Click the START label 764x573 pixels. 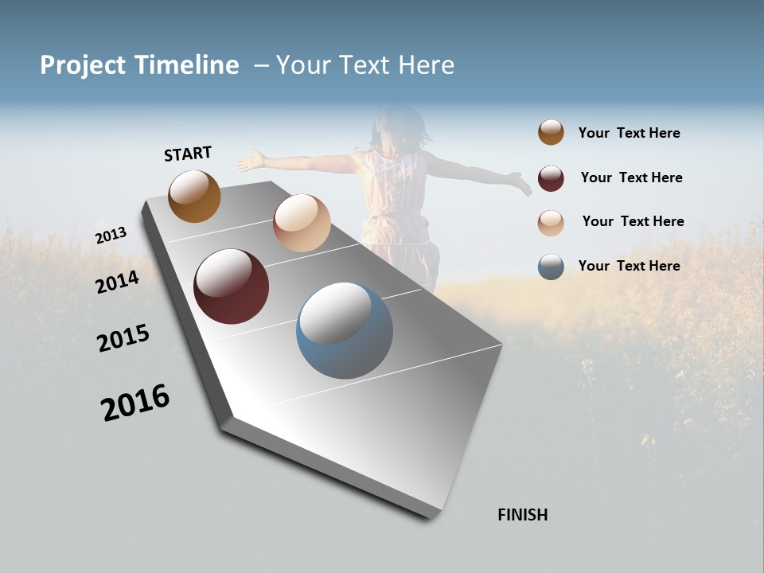188,154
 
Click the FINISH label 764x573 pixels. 522,515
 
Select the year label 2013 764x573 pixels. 111,236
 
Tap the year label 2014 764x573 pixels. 117,282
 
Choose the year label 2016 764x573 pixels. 135,403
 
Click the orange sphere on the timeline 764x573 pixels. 194,197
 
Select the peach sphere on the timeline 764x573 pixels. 302,223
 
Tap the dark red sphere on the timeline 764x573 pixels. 231,286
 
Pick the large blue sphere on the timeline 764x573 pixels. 344,331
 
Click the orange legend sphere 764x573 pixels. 551,133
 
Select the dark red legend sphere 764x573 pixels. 551,178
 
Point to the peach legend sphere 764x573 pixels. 551,222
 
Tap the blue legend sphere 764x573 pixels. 551,267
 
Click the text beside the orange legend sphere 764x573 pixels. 629,133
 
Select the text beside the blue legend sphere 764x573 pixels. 629,266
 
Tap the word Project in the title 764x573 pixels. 83,65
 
